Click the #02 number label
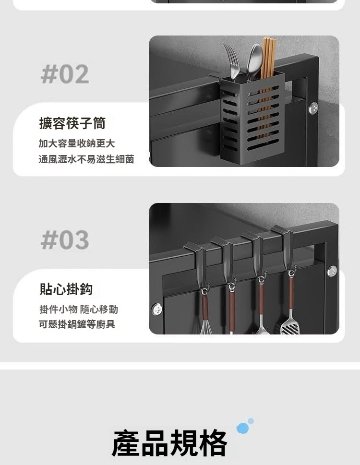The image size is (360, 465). pos(65,74)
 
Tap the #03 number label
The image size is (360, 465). pos(65,239)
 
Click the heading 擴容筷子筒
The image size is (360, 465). pos(72,123)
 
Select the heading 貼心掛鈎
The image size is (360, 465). pos(66,289)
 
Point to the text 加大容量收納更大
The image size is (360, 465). pos(76,143)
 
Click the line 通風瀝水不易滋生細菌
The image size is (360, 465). pos(86,159)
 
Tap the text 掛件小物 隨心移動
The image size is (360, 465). pos(79,310)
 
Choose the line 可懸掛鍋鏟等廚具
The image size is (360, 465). pos(77,324)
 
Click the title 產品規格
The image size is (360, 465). pos(169,443)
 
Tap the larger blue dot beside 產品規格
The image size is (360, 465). pos(242,428)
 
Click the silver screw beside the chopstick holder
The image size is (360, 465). pos(313,108)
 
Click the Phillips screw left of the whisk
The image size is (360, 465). pos(157,310)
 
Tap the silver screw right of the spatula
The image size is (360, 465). pos(332,271)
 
